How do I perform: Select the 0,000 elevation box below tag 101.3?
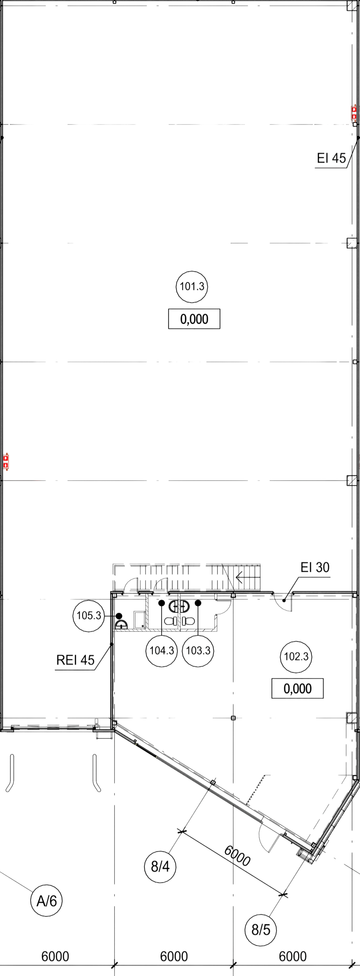click(x=194, y=319)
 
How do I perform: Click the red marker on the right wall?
click(x=354, y=112)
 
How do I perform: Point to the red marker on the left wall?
click(x=6, y=461)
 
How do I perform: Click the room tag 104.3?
click(x=162, y=651)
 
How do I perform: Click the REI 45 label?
click(x=75, y=660)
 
